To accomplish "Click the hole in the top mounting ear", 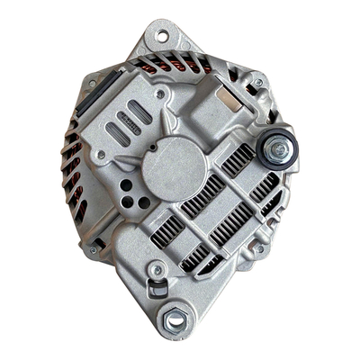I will click(x=162, y=37).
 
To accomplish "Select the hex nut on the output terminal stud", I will click(x=280, y=148).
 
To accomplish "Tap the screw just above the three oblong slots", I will click(x=159, y=94).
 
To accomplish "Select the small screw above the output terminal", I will click(x=258, y=84).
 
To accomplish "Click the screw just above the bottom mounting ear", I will click(x=158, y=269).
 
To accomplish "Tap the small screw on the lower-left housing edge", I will click(x=92, y=249).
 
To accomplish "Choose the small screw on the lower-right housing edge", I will click(x=258, y=249).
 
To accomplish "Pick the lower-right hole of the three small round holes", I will click(x=142, y=202).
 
